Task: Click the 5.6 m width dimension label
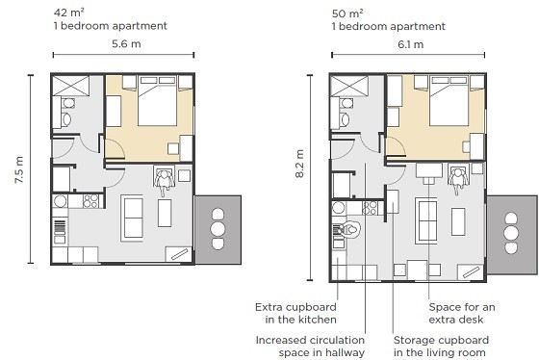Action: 126,44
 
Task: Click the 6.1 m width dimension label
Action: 410,44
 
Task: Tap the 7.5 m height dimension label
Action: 19,169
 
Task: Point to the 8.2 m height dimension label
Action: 299,164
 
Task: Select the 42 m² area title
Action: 69,13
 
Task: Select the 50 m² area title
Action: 347,13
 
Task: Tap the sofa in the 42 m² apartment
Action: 132,218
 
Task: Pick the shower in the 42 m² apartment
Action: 70,86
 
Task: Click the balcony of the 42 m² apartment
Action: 218,230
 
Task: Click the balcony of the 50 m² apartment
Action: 511,235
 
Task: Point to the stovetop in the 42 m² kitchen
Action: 91,201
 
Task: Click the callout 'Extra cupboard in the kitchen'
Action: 295,313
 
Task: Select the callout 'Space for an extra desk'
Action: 462,313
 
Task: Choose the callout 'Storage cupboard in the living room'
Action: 441,347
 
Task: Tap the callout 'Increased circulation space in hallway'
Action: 310,347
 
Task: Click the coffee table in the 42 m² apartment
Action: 165,213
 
